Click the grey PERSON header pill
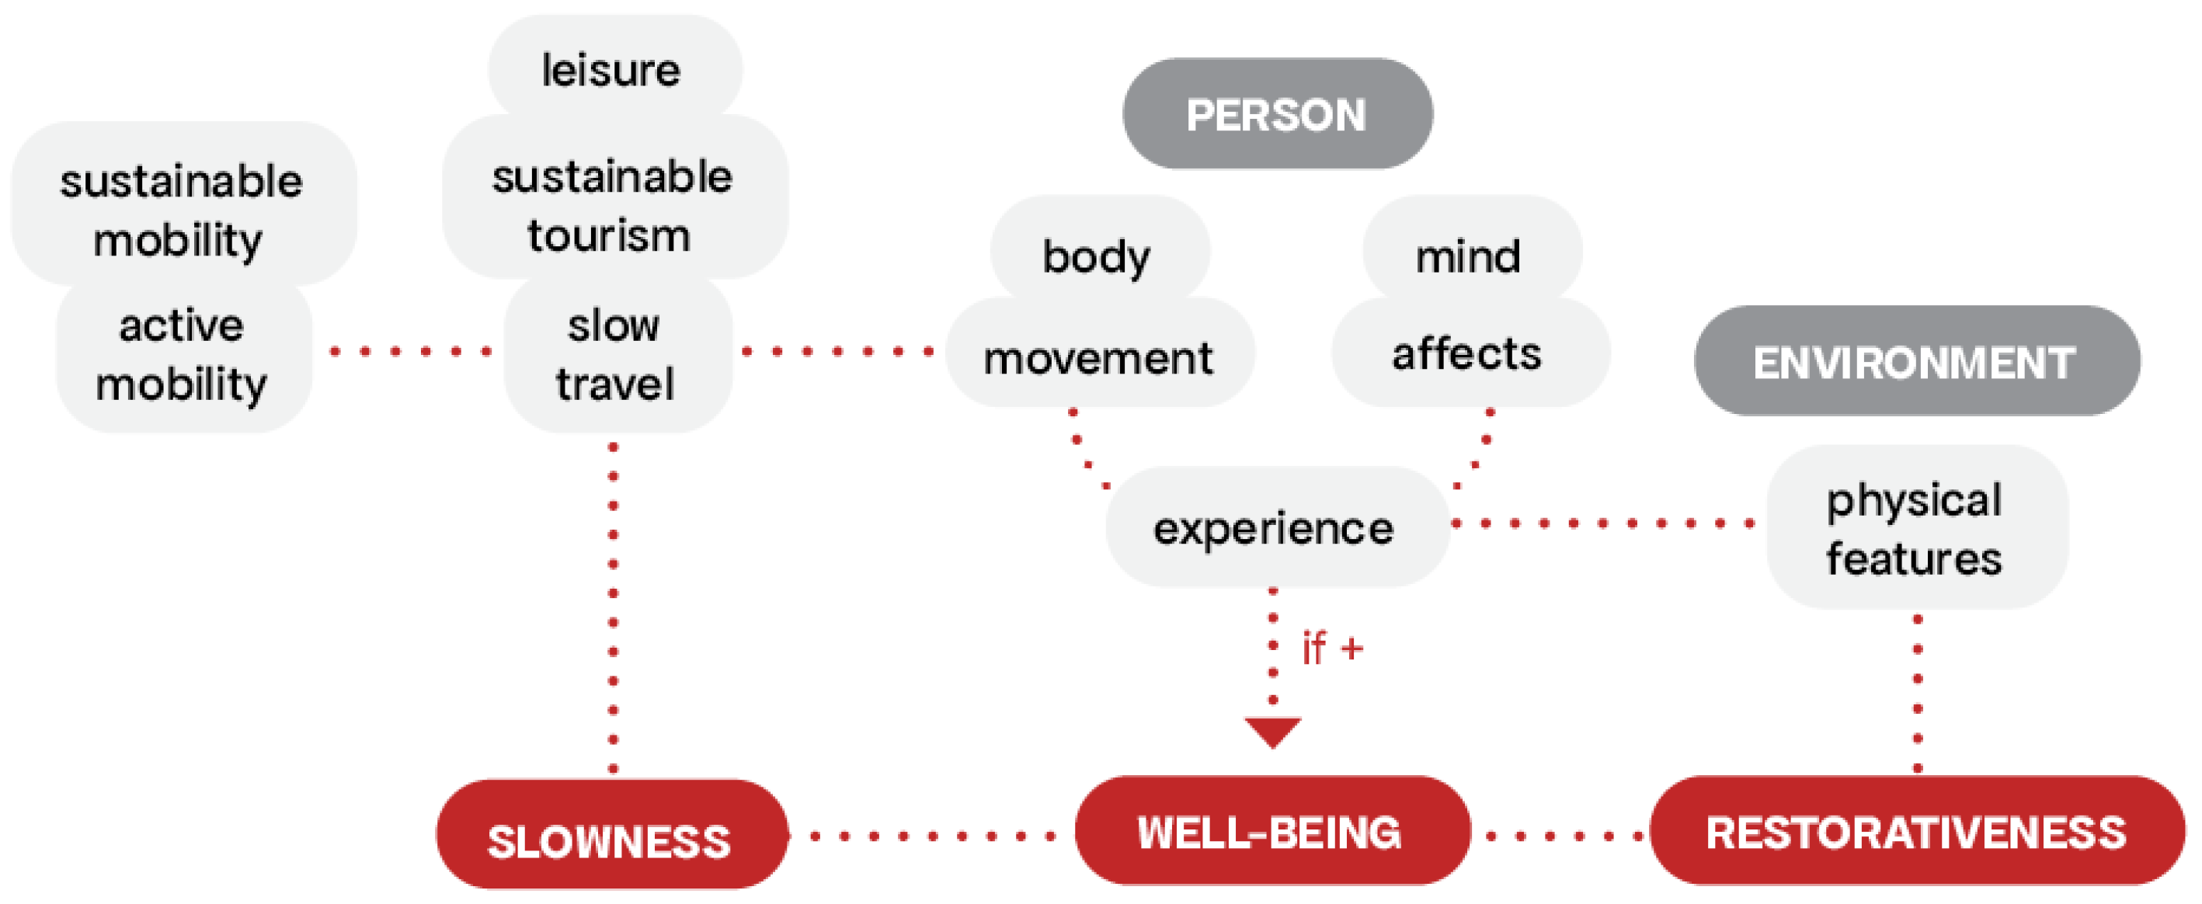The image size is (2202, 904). coord(1277,113)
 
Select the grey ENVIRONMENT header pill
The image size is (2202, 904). coord(1916,360)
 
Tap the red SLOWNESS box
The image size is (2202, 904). coord(611,834)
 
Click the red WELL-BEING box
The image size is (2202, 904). coord(1272,829)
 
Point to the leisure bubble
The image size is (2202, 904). coord(614,68)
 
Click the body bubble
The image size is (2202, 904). coord(1099,253)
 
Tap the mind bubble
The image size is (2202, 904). coord(1472,253)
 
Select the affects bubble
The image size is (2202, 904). coord(1470,352)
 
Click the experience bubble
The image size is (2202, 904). coord(1276,527)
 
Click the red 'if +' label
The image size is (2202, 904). coord(1333,648)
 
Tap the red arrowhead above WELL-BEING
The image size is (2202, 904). coord(1273,731)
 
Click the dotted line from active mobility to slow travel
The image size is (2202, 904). coord(409,351)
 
